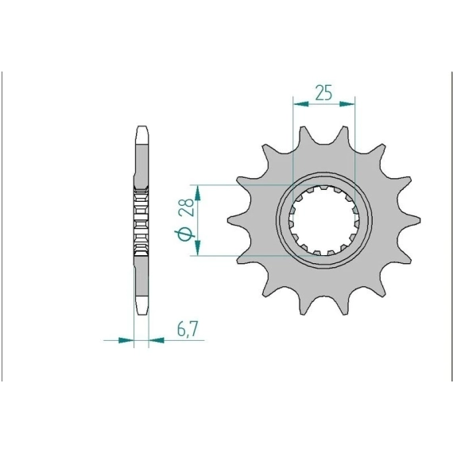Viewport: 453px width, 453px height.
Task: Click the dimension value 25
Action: click(323, 92)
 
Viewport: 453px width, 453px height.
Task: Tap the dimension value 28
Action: click(186, 207)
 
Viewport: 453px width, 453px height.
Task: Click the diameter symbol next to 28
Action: click(184, 234)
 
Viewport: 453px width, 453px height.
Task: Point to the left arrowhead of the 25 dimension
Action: click(300, 104)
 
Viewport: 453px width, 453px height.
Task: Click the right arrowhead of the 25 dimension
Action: click(347, 104)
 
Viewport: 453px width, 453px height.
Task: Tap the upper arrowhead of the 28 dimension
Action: click(198, 193)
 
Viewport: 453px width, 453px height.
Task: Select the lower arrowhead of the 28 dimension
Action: click(198, 248)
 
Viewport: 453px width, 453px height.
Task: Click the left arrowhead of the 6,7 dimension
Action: click(126, 340)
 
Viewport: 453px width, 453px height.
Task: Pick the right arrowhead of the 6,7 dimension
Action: click(157, 340)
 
